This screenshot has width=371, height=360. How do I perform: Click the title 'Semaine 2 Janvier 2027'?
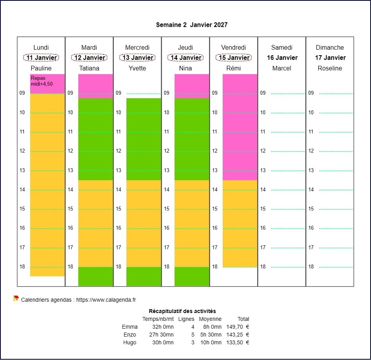coord(192,25)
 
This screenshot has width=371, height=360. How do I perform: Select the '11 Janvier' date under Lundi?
coord(41,58)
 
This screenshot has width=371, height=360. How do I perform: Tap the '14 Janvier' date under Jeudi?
coord(185,58)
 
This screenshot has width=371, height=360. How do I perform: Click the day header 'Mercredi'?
coord(137,47)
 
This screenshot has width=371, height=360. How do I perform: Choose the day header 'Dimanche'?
coord(330,47)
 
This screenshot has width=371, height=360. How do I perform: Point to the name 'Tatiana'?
coord(89,68)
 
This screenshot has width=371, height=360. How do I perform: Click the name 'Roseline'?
coord(330,68)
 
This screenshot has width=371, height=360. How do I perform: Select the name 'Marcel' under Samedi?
coord(282,68)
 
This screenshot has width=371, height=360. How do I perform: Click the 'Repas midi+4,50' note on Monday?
coord(41,81)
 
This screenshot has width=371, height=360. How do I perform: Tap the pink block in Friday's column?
coord(240,127)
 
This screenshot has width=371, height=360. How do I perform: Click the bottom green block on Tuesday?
coord(95,276)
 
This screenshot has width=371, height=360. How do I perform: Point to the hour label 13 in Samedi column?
coord(263,170)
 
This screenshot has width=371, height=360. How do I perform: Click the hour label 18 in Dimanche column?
coord(311,266)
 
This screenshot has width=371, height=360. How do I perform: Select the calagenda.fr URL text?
coord(106,300)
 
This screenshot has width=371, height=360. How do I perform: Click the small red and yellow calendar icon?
coord(16,299)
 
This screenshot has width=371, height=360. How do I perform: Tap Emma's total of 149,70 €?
coord(238,327)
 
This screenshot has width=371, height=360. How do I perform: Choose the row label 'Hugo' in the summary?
coord(130,342)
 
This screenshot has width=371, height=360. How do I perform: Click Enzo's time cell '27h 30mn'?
coord(163,335)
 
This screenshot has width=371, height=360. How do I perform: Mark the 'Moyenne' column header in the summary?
coord(210,319)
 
